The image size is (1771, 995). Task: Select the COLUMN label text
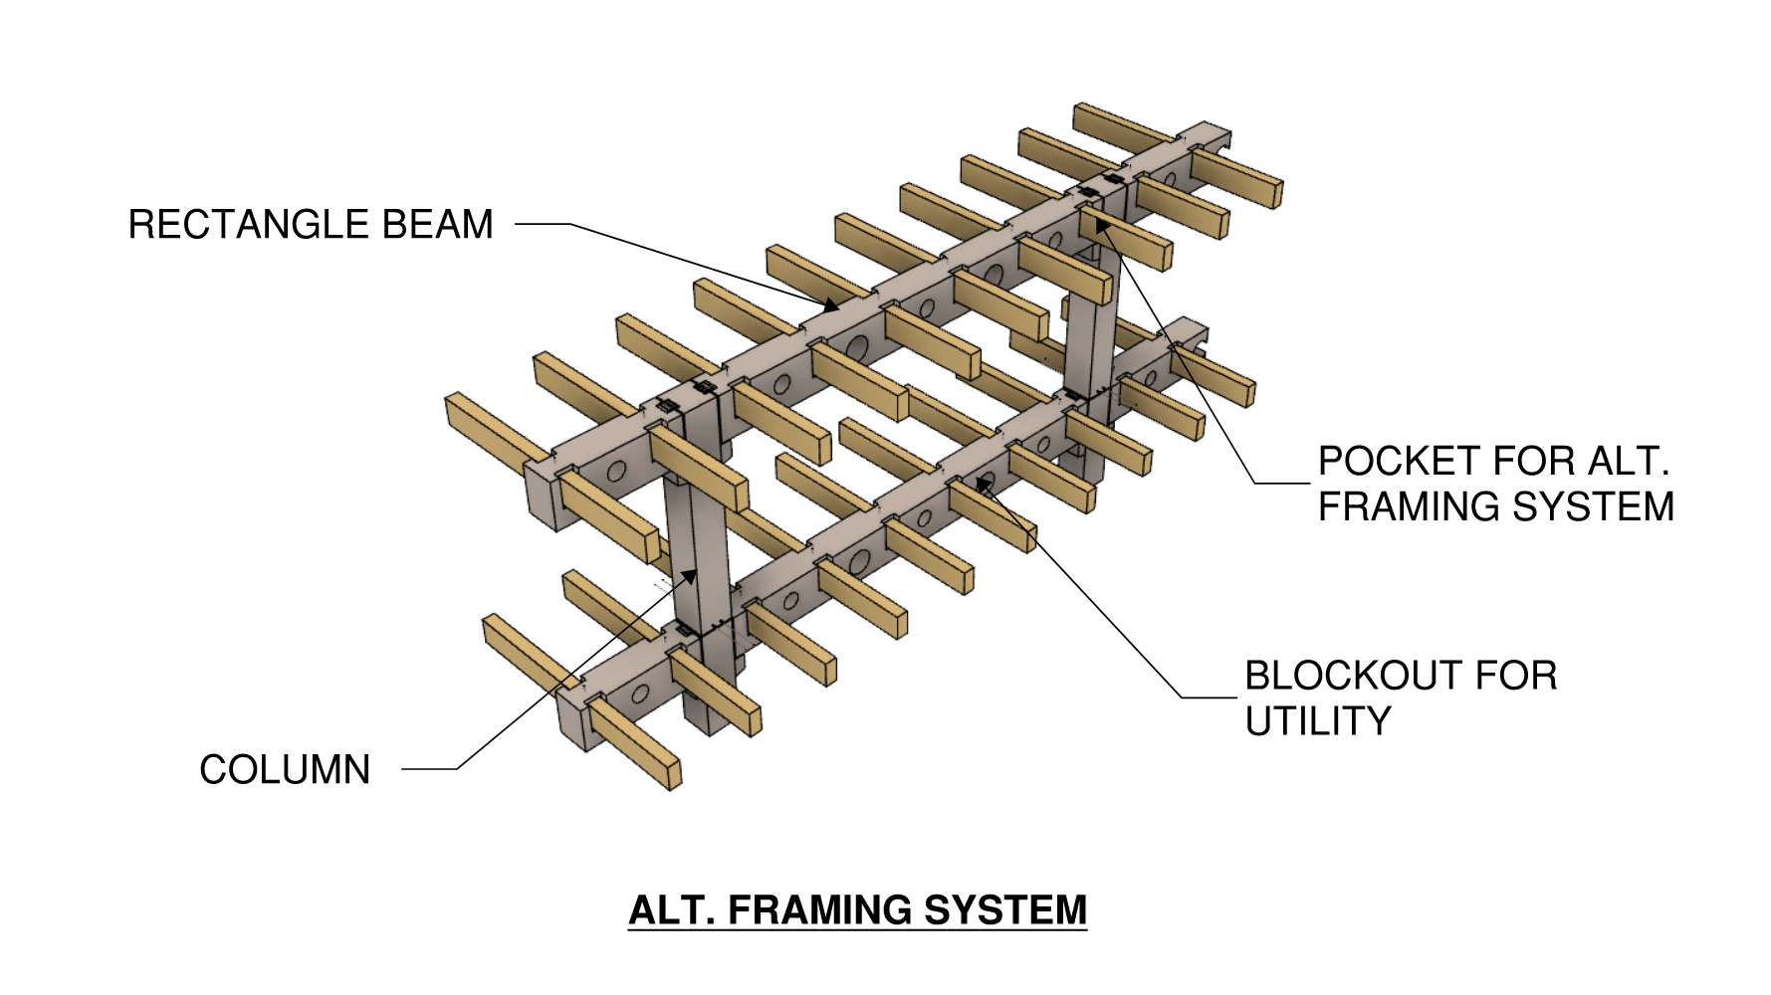point(285,770)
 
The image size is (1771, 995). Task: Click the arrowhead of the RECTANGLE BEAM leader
point(832,305)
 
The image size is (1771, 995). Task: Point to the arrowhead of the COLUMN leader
point(689,576)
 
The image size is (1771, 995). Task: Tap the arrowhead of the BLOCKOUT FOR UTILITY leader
point(982,484)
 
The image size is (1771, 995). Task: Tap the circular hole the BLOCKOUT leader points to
point(984,485)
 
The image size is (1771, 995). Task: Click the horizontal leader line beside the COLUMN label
point(429,769)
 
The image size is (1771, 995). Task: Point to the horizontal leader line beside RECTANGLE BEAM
point(543,224)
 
